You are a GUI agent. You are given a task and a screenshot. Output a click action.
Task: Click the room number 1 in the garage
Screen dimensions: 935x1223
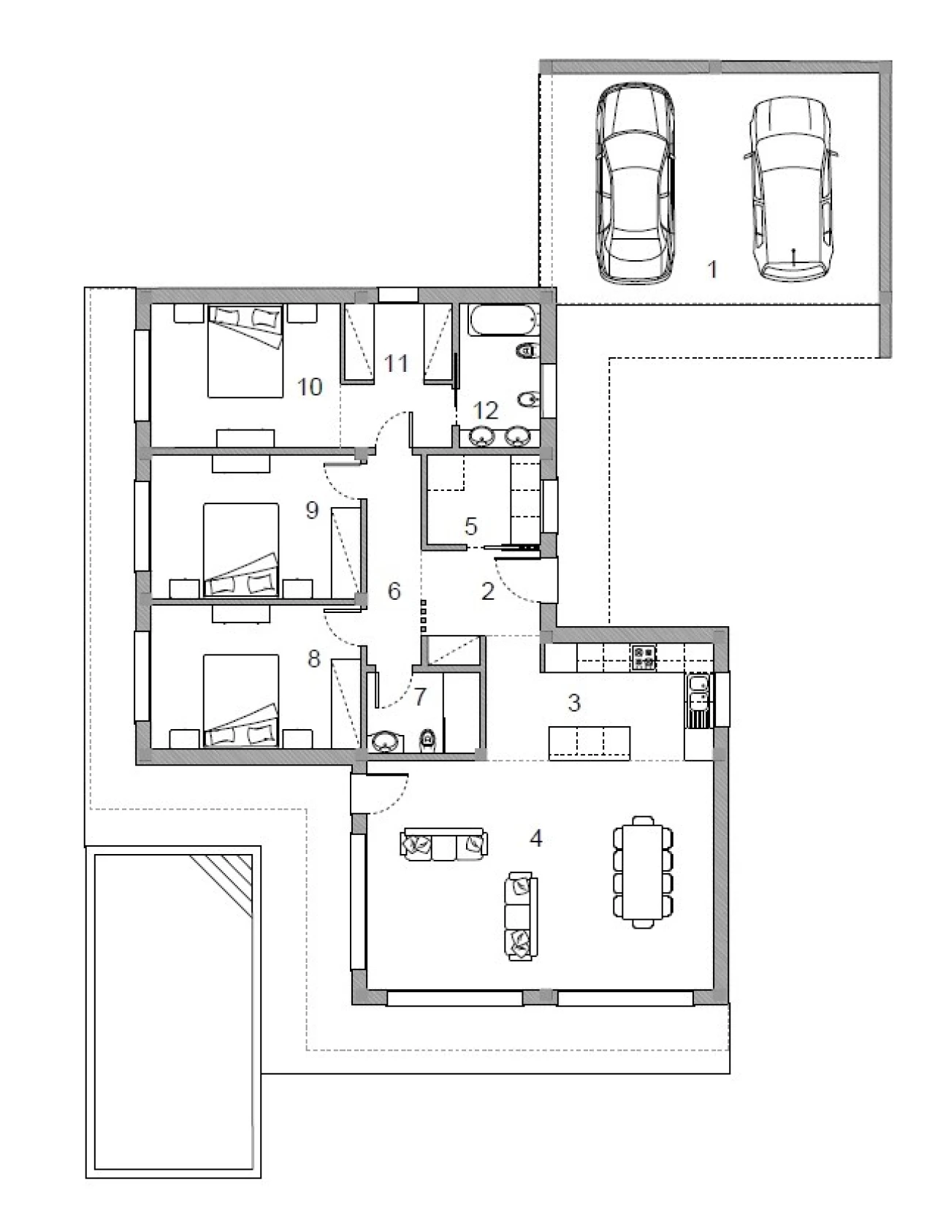coord(711,270)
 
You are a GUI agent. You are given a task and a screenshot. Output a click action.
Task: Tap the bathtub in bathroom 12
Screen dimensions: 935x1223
coord(504,320)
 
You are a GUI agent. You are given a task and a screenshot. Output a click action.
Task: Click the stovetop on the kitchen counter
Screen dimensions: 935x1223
coord(643,657)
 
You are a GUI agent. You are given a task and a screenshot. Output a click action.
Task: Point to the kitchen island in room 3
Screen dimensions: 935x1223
coord(589,743)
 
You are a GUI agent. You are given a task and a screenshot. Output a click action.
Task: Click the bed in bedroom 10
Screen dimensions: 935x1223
coord(245,351)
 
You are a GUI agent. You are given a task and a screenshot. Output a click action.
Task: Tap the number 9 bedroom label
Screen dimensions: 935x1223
coord(312,510)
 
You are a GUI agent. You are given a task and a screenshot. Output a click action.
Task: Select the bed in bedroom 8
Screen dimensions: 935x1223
coord(240,701)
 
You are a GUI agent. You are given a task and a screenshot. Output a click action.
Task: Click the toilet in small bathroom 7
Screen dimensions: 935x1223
coord(427,739)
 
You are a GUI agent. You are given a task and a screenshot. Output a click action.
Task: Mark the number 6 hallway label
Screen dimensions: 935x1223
coord(394,591)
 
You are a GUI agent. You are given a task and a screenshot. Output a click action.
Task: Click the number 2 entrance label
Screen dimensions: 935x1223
coord(488,591)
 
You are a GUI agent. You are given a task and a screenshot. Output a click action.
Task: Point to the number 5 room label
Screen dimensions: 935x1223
coord(471,526)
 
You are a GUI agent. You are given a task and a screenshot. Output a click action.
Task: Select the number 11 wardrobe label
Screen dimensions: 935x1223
coord(396,364)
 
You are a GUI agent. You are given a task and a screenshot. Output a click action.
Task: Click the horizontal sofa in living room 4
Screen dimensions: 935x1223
coord(444,844)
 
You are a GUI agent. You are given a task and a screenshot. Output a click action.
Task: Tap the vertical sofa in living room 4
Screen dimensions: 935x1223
coord(522,917)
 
